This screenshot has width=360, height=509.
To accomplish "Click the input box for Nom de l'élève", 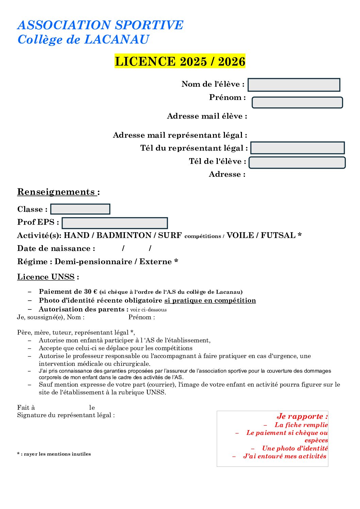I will [x=294, y=85].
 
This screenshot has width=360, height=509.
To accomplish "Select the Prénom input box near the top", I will [x=297, y=103].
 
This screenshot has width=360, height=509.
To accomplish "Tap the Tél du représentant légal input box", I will [x=297, y=148].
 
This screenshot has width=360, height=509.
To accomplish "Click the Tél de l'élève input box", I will [x=297, y=163].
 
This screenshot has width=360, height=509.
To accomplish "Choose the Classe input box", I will [x=80, y=209].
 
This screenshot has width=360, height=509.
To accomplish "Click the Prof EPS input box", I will [x=115, y=223].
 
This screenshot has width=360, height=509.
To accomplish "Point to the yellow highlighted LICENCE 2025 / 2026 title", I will [x=180, y=62].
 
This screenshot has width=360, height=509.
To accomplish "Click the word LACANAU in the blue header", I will [x=116, y=39].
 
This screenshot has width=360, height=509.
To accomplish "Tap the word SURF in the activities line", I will [x=170, y=235].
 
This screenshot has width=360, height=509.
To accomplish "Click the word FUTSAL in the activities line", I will [x=278, y=235].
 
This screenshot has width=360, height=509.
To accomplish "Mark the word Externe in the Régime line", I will [x=156, y=261].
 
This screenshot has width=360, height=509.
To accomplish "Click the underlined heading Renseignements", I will [x=56, y=192].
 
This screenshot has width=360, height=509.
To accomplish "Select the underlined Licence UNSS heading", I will [x=46, y=277].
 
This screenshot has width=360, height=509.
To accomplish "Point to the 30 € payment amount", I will [x=91, y=291].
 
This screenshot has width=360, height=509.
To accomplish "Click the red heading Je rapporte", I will [x=302, y=416].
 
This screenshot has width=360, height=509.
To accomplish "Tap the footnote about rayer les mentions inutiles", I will [x=54, y=454].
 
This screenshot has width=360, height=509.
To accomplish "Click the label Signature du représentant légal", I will [x=66, y=415].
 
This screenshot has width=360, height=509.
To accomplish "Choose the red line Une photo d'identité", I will [x=295, y=448].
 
